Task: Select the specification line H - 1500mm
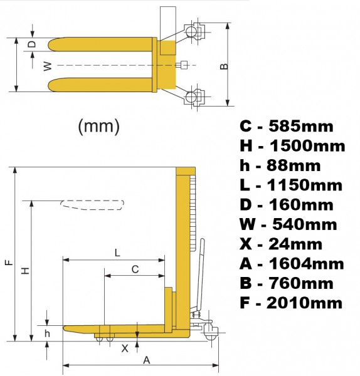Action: tap(292, 146)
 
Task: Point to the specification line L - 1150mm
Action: tap(291, 185)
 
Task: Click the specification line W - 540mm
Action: tap(289, 224)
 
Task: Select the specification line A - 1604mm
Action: tap(292, 264)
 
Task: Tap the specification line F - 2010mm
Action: tap(292, 303)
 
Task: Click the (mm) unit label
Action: tap(98, 126)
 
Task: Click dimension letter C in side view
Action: tap(135, 269)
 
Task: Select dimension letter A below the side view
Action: tap(146, 360)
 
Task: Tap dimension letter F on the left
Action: tap(7, 264)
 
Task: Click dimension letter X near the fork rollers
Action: tap(125, 348)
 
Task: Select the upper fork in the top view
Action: tap(100, 44)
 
